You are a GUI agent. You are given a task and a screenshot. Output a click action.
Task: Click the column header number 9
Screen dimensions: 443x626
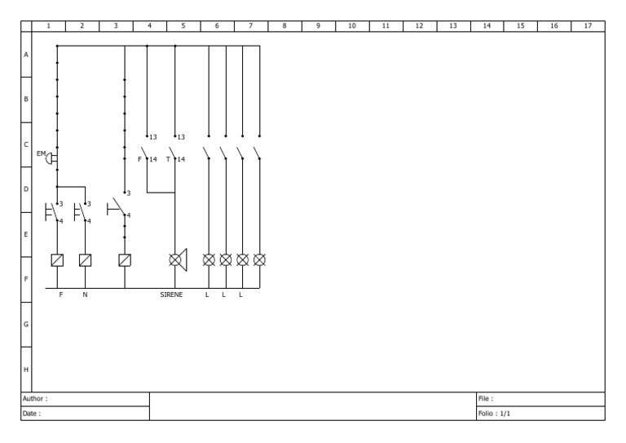point(318,26)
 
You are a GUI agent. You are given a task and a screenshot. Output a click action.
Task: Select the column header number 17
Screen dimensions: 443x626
point(588,26)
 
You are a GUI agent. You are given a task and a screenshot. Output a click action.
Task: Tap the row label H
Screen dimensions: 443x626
point(26,370)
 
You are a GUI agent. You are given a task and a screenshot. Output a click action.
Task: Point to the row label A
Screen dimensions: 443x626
point(26,55)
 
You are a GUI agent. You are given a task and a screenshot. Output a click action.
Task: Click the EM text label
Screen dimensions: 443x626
point(41,153)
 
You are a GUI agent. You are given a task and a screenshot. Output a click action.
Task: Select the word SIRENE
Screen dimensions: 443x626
point(171,295)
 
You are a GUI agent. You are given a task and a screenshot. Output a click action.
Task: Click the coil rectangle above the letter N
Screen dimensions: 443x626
point(85,260)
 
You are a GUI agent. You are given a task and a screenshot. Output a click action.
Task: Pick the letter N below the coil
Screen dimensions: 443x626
point(85,295)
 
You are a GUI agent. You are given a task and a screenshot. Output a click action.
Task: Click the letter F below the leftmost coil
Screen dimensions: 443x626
point(61,295)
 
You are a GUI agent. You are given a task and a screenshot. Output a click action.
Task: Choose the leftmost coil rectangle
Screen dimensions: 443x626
point(57,260)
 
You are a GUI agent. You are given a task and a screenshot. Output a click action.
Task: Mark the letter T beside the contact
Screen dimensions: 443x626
point(168,159)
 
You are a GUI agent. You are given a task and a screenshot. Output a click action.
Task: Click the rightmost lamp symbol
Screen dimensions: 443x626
point(259,260)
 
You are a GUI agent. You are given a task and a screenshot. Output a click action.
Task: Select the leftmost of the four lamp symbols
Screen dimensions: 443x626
point(209,260)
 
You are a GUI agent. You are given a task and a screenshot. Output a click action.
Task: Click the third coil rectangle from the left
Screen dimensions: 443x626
point(125,260)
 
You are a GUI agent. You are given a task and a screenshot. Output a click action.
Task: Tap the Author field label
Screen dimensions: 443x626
point(35,399)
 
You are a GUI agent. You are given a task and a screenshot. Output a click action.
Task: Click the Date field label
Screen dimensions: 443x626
point(32,414)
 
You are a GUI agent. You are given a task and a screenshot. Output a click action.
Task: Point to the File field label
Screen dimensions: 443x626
point(486,399)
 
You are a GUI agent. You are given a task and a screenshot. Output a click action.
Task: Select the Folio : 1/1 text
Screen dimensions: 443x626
point(494,414)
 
